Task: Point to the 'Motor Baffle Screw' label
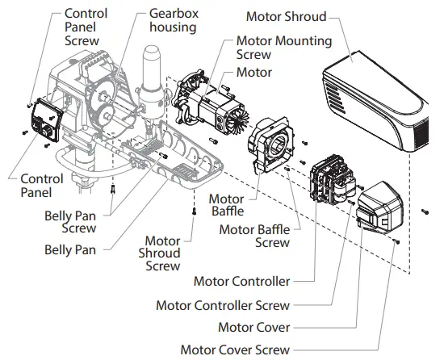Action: click(x=255, y=236)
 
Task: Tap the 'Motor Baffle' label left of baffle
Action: click(x=227, y=206)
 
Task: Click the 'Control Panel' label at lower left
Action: click(x=41, y=185)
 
